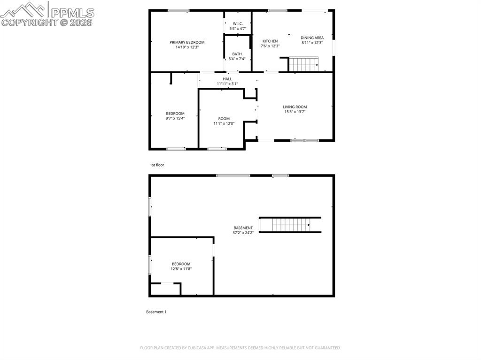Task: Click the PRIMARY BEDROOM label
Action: point(187,42)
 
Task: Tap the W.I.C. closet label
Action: point(238,23)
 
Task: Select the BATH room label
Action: point(237,54)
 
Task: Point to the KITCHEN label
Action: point(270,41)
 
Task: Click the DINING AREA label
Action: point(312,38)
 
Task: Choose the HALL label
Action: point(227,79)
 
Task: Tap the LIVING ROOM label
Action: point(295,107)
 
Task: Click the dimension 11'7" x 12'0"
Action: point(224,123)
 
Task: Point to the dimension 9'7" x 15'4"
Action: point(175,118)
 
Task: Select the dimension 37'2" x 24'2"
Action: point(243,233)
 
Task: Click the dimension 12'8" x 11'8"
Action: point(181,269)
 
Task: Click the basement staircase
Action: point(290,225)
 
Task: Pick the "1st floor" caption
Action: point(157,165)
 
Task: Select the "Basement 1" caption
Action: point(156,312)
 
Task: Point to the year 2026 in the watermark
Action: point(81,23)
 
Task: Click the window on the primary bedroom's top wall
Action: point(178,10)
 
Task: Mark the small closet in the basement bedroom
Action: point(166,289)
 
